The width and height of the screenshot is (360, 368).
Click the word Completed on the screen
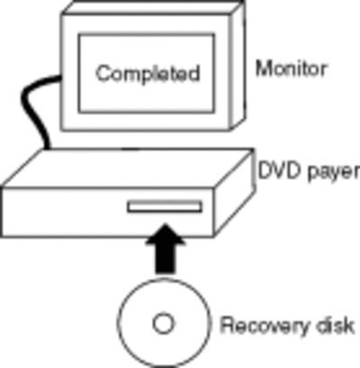(148, 74)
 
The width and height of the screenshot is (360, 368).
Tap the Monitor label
(291, 68)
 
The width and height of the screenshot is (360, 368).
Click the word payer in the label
(334, 174)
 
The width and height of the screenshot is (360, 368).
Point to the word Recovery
(264, 326)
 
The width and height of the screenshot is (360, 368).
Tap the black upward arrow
(165, 248)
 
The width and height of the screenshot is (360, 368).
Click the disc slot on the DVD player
(165, 207)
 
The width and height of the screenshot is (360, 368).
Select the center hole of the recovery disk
(164, 324)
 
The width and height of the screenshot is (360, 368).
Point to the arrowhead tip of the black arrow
(165, 224)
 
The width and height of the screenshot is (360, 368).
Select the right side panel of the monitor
(238, 67)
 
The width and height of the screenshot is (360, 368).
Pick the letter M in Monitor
(264, 68)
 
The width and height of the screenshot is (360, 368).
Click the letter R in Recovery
(228, 325)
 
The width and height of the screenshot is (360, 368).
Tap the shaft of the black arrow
(165, 258)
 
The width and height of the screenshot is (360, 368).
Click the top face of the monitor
(153, 6)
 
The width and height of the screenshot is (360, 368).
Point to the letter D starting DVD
(265, 170)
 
